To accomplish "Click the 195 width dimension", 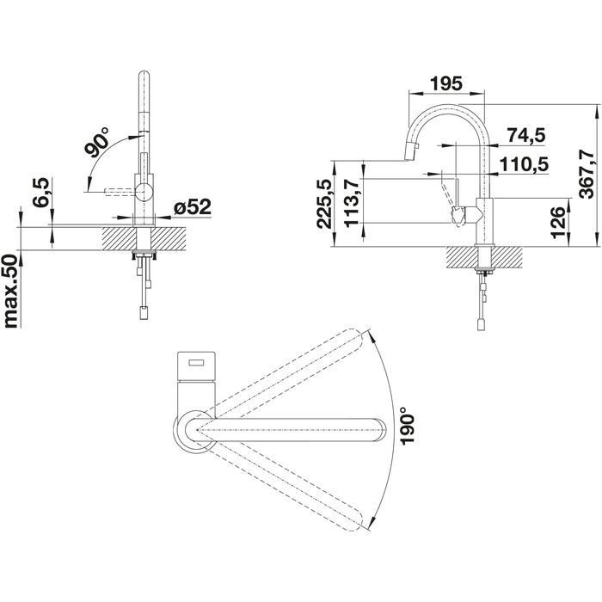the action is click(x=446, y=83).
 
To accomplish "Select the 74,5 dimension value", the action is click(x=526, y=135).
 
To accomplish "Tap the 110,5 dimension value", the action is click(x=524, y=164).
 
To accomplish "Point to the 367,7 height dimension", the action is click(x=587, y=174).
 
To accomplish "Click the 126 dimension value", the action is click(x=559, y=223).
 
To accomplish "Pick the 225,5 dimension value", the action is click(x=325, y=205).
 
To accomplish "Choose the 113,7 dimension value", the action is click(x=352, y=204).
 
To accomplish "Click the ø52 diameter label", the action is click(x=193, y=207).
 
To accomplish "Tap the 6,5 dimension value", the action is click(x=41, y=193).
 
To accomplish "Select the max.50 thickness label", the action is click(x=11, y=292).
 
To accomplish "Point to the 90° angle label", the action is click(x=96, y=143).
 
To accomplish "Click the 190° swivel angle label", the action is click(x=407, y=427).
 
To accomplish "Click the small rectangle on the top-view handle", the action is click(x=197, y=362).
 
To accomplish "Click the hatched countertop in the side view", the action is click(x=484, y=257).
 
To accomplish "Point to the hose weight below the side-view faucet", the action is click(x=481, y=324).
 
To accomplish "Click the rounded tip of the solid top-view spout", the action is click(x=381, y=430).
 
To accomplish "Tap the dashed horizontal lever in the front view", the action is click(x=120, y=191).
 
